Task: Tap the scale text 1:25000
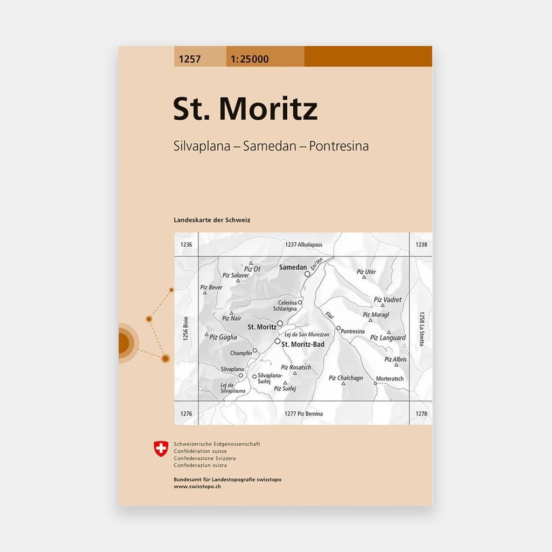249,59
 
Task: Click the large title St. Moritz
245,109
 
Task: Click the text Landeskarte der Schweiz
212,220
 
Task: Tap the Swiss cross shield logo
161,448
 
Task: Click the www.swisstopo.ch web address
197,486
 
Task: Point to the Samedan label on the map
293,267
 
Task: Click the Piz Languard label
388,338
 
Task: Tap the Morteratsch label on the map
390,378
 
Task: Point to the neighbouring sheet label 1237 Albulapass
303,245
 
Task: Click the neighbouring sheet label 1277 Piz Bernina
303,413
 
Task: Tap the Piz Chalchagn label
346,378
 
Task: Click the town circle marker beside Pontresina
338,328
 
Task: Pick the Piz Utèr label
366,272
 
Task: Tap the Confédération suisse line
200,451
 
